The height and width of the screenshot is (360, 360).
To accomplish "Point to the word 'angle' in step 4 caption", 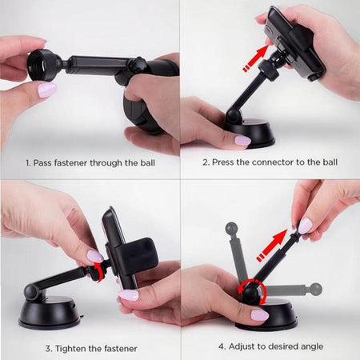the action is click(312, 347).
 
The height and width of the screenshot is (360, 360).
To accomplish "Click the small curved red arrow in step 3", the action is click(99, 271).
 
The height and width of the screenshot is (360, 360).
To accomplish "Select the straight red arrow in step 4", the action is click(271, 245).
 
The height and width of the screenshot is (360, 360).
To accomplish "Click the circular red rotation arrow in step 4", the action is click(252, 292).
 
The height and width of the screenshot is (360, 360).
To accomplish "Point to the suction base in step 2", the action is click(250, 134).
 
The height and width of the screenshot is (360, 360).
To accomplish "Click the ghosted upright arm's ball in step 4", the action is click(231, 228).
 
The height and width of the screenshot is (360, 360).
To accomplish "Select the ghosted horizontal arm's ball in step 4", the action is click(316, 290).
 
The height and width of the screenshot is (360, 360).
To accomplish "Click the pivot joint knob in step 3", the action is click(31, 291).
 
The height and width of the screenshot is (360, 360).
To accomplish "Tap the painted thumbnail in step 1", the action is click(47, 90).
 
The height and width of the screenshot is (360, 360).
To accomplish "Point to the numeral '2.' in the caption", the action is click(206, 162).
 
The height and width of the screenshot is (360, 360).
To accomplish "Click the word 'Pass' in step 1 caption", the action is click(42, 163).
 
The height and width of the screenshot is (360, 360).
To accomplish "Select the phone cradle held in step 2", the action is click(294, 43).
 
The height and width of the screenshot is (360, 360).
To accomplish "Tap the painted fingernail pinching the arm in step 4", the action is click(305, 226).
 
